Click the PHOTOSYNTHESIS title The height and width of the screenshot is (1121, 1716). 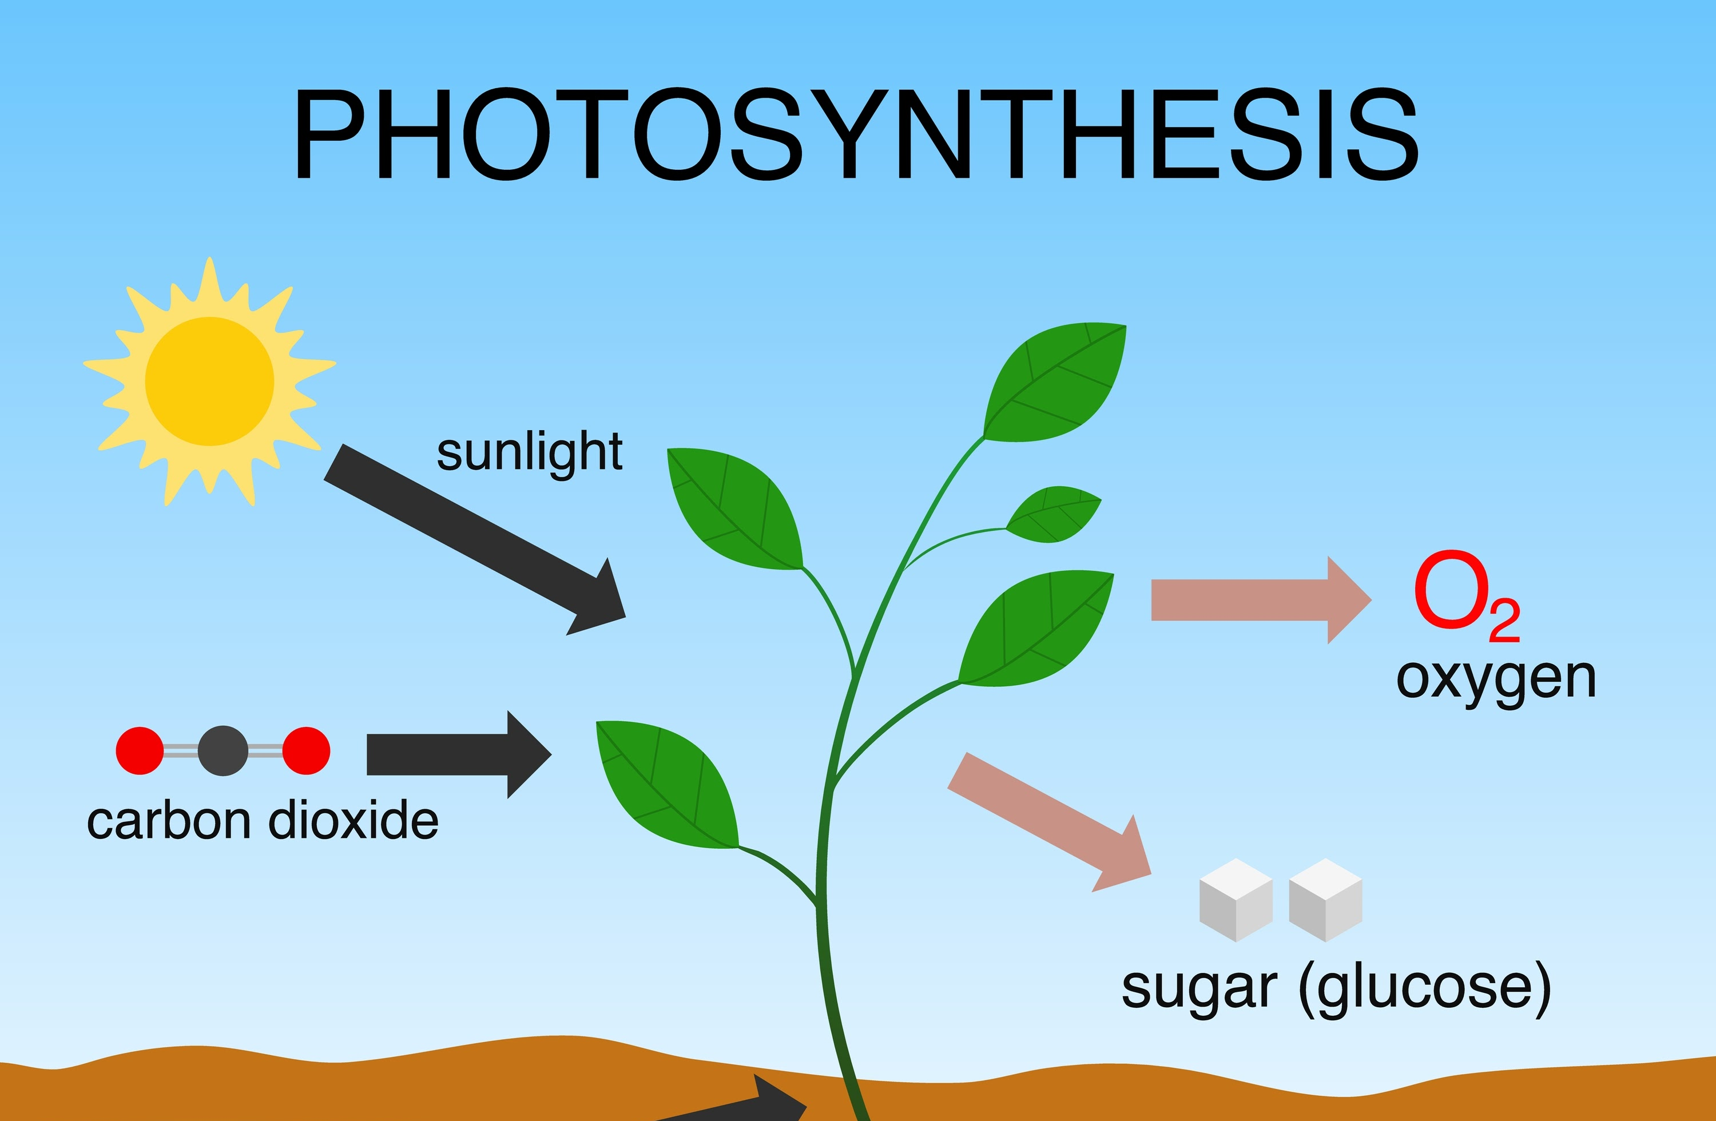click(x=856, y=134)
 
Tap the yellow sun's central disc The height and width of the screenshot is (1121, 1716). click(x=210, y=381)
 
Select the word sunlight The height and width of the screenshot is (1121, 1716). click(x=530, y=454)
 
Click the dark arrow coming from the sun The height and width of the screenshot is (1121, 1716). click(x=474, y=539)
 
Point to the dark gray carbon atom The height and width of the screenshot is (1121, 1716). click(x=223, y=750)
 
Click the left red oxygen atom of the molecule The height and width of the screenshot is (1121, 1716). click(x=140, y=750)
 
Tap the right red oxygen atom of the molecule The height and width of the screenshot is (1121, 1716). click(x=307, y=750)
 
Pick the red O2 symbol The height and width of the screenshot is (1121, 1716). click(x=1467, y=596)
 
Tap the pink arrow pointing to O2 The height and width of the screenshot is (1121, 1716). click(x=1261, y=600)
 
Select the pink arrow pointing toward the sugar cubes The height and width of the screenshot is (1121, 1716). click(x=1049, y=822)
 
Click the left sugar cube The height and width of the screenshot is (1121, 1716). click(x=1236, y=900)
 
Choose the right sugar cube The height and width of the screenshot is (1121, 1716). click(x=1325, y=900)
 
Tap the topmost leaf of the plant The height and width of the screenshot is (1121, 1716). click(x=1055, y=382)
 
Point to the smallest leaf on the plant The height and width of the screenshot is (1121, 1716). click(x=1054, y=514)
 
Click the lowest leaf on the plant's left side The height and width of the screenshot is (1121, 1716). click(x=667, y=784)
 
